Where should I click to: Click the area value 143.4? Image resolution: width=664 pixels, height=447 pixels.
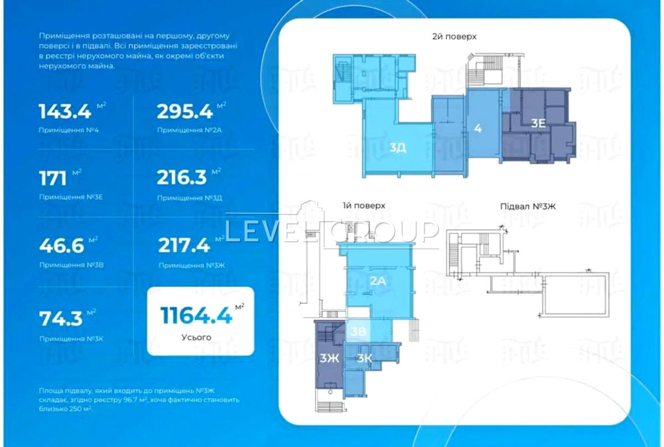[x=65, y=112]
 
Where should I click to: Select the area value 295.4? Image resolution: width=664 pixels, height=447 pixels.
[x=185, y=112]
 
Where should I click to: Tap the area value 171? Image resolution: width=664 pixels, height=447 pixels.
[x=53, y=179]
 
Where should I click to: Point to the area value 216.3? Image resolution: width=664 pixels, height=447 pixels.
[x=181, y=177]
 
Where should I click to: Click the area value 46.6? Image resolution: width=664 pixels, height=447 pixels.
[x=61, y=246]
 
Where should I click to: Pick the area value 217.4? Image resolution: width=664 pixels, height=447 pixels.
[x=184, y=246]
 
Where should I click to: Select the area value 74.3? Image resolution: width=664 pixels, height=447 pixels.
[x=61, y=319]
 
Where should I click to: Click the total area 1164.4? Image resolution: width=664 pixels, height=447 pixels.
[x=196, y=315]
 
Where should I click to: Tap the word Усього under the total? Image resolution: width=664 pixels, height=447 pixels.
[x=196, y=337]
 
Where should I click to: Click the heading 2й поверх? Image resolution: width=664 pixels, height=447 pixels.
[x=454, y=37]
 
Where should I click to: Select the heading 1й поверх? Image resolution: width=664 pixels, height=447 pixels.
[x=364, y=205]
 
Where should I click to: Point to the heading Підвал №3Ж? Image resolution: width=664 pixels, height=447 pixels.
[x=528, y=206]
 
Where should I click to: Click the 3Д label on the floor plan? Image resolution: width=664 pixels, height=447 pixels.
[x=398, y=147]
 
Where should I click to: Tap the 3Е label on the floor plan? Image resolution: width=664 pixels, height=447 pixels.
[x=538, y=123]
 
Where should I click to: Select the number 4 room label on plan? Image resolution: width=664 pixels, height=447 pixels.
[x=478, y=128]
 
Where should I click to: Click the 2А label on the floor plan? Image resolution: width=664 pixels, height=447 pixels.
[x=378, y=280]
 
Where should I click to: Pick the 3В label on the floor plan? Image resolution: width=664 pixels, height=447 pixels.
[x=358, y=332]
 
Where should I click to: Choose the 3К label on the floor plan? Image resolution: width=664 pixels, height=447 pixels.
[x=364, y=358]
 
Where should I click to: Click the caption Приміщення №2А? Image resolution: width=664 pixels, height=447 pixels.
[x=189, y=130]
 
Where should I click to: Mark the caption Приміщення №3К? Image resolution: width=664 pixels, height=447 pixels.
[x=71, y=339]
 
